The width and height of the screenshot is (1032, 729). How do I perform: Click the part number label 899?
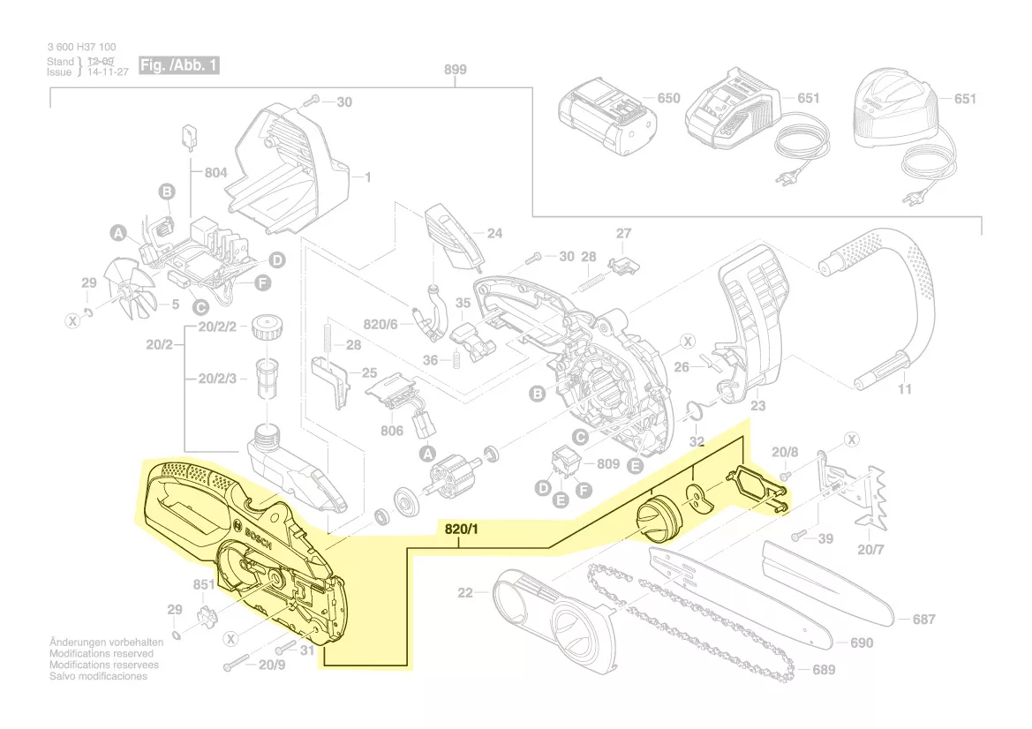pos(456,70)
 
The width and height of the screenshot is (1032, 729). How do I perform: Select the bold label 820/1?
pos(460,530)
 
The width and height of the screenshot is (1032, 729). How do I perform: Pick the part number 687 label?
pos(923,620)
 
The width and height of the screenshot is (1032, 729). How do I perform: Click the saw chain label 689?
pos(824,670)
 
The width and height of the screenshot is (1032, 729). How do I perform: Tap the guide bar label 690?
pos(862,643)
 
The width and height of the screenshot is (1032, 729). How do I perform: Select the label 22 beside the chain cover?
pos(465,592)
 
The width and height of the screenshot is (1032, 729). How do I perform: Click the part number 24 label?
pos(495,234)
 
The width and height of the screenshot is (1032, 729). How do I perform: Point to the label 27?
pos(624,234)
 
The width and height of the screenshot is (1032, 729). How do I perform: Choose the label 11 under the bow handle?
pos(904,389)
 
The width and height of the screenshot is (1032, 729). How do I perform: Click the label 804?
pos(216,173)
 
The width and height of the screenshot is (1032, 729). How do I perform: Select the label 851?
pos(204,584)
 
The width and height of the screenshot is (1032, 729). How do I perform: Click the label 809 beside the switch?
pos(608,463)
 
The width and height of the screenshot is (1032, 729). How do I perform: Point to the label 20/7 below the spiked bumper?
pos(870,552)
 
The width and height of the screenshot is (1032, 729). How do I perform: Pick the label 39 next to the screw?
pos(825,538)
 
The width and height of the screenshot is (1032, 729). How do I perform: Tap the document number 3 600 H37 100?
pos(81,47)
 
